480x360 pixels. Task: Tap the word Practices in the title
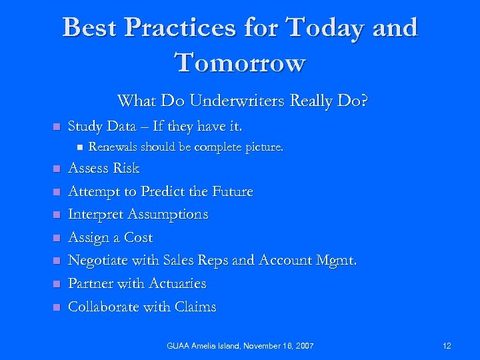pos(184,28)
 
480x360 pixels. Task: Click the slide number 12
pos(447,346)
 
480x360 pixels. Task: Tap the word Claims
pos(194,307)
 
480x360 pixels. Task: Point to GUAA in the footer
pos(179,346)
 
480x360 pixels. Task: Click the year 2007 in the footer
pos(303,346)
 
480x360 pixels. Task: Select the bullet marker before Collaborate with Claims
pos(56,307)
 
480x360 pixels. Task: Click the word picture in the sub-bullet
pos(264,147)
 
